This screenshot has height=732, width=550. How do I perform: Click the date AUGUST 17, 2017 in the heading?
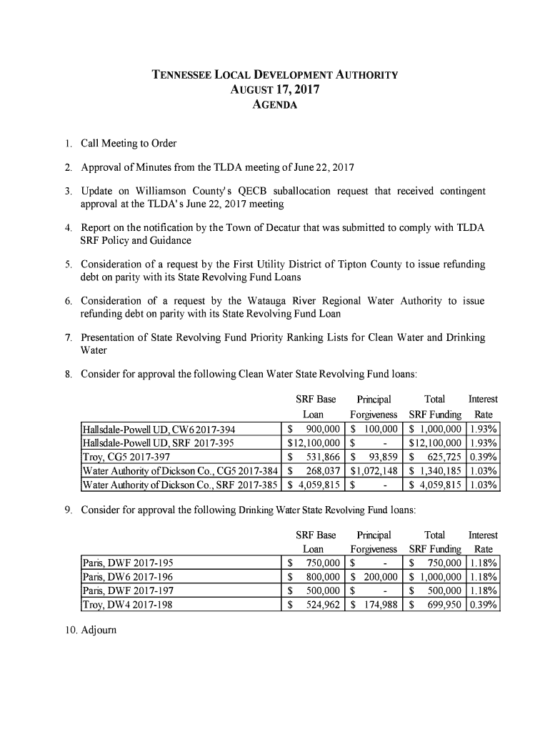[275, 91]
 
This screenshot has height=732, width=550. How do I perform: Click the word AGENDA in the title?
[275, 106]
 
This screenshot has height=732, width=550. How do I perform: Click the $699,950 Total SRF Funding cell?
[433, 605]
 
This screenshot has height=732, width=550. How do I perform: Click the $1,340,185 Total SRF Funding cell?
[433, 470]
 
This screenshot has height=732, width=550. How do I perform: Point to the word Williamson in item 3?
[172, 192]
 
